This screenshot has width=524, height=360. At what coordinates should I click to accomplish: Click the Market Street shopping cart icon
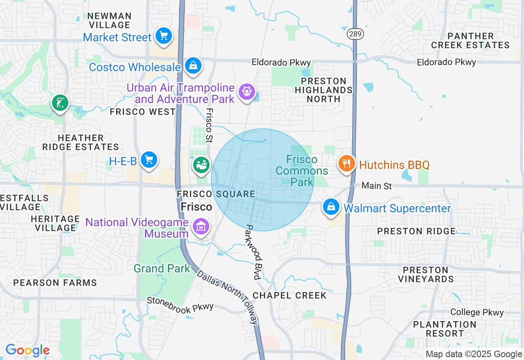[x=164, y=36]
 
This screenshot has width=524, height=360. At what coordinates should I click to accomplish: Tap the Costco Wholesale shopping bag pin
[x=192, y=65]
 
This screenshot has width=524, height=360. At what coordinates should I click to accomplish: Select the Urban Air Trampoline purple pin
[x=246, y=92]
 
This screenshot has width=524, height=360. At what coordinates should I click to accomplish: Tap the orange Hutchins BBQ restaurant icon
[x=346, y=164]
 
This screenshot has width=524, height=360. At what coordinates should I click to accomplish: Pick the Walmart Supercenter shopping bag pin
[x=331, y=207]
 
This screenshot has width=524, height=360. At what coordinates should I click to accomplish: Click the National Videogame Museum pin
[x=201, y=226]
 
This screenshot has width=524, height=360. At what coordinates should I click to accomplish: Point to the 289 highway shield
[x=355, y=34]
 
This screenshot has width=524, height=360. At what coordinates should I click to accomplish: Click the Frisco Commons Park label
[x=302, y=171]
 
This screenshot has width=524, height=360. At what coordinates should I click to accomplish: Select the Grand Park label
[x=162, y=269]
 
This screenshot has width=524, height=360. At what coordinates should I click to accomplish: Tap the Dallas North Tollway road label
[x=228, y=297]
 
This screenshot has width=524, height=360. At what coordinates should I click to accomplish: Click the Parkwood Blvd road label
[x=253, y=252]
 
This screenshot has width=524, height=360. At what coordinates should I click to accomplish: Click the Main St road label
[x=377, y=186]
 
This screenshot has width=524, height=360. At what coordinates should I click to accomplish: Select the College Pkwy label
[x=477, y=313]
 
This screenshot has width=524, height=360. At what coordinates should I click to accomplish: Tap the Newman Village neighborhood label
[x=109, y=20]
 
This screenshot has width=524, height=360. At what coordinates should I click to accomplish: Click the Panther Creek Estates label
[x=470, y=40]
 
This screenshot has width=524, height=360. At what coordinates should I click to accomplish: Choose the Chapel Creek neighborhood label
[x=289, y=295]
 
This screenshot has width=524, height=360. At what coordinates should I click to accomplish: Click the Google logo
[x=27, y=350]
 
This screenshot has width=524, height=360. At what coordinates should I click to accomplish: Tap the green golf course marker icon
[x=60, y=103]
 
